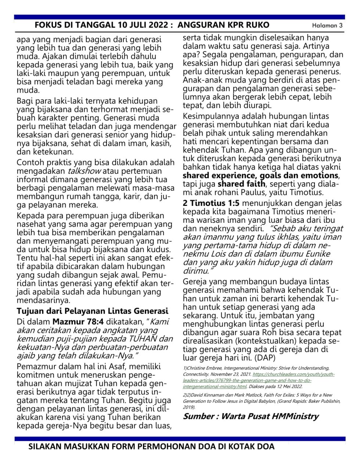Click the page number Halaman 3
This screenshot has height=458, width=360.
[x=327, y=25]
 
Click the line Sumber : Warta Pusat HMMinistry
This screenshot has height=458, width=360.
[x=251, y=416]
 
